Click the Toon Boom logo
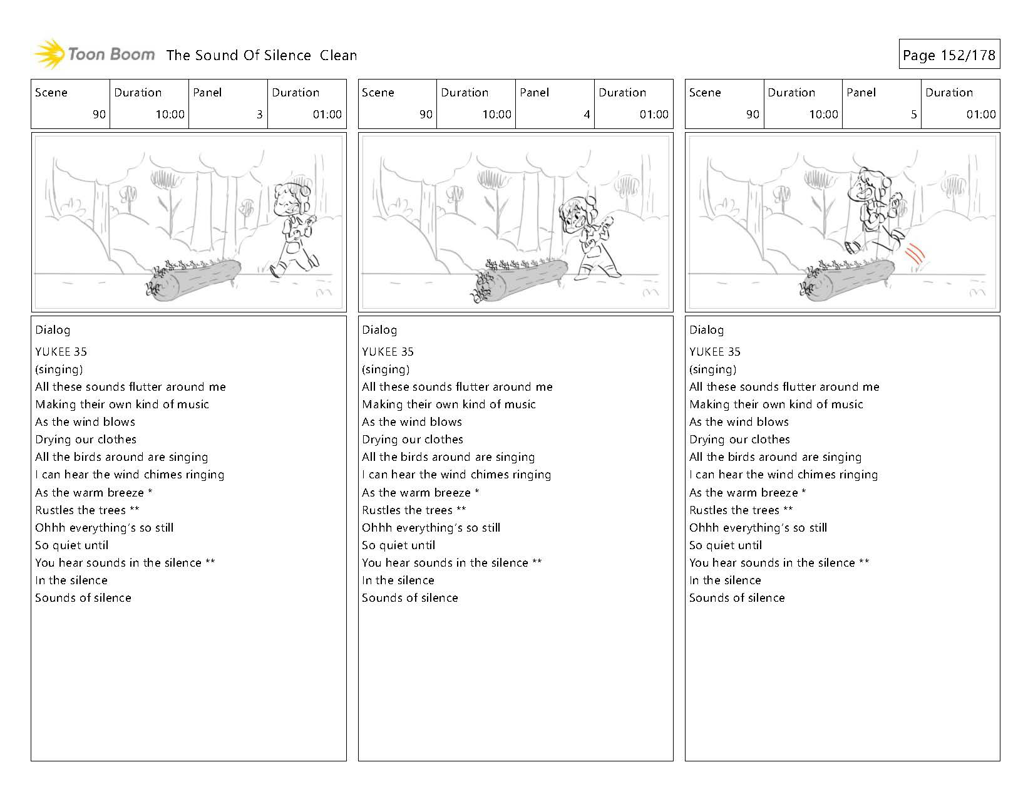[x=94, y=54]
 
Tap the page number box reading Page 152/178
[x=948, y=55]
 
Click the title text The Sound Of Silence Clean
[x=262, y=55]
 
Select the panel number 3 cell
[x=228, y=104]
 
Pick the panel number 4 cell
[x=555, y=104]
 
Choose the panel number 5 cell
[x=881, y=104]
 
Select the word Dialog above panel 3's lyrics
[x=53, y=330]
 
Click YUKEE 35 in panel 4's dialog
[x=388, y=352]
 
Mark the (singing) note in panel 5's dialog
[x=712, y=369]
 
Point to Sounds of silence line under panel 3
[x=83, y=598]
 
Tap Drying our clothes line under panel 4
[x=413, y=440]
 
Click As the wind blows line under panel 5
[x=739, y=422]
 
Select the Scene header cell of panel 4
[x=397, y=104]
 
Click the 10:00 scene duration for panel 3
[x=170, y=115]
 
